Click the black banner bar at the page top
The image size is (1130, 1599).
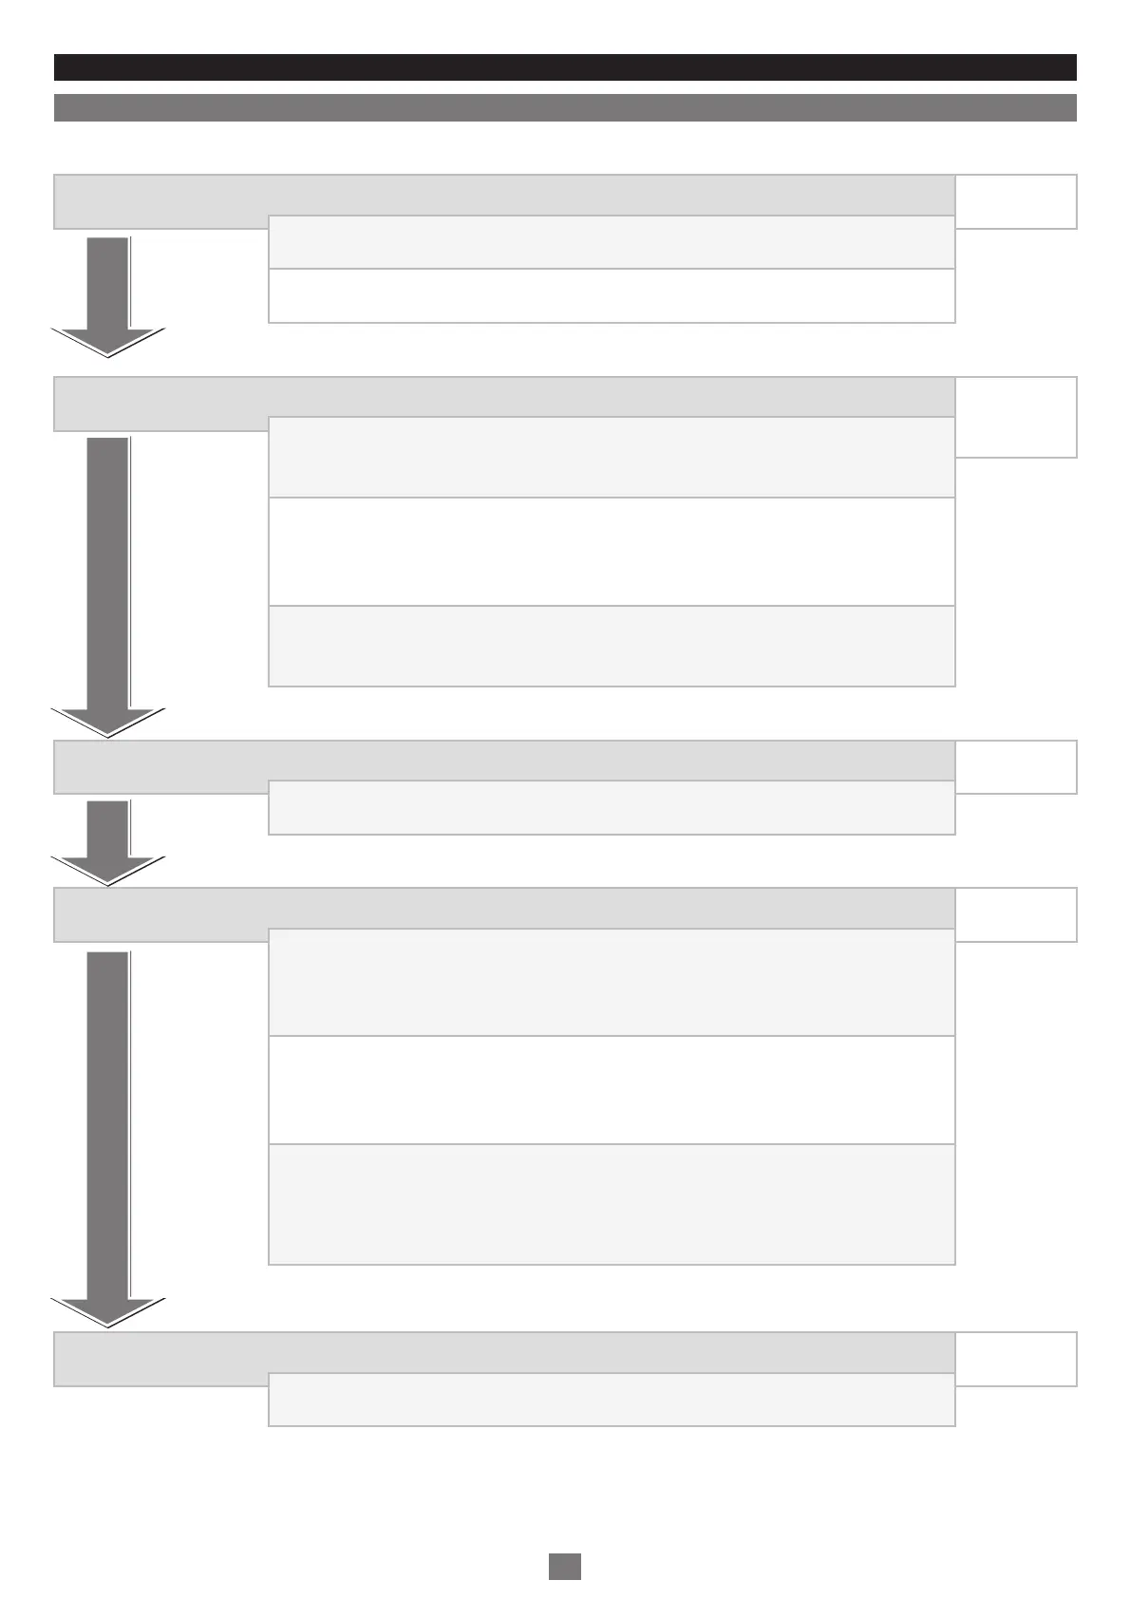coord(565,67)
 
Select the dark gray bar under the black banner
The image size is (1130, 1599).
coord(565,107)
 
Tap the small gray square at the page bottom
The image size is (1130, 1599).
coord(565,1566)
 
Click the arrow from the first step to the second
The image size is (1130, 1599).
coord(108,294)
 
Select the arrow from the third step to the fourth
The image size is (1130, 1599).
coord(108,840)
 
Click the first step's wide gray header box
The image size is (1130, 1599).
coord(503,195)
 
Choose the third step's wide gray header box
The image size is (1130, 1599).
coord(503,761)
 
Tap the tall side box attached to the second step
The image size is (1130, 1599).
coord(1016,417)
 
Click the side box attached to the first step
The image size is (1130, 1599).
coord(1016,201)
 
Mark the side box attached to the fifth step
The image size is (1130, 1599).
coord(1016,1359)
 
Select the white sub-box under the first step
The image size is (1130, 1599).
coord(612,296)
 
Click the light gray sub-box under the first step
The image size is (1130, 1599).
coord(612,243)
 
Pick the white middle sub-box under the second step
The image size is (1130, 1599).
coord(612,552)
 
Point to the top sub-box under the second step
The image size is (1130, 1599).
coord(612,458)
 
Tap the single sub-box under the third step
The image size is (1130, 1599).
coord(612,808)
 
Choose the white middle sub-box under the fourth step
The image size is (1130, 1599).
coord(612,1090)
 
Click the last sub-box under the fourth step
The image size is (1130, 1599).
coord(612,1205)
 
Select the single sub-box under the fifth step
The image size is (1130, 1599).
coord(612,1400)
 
